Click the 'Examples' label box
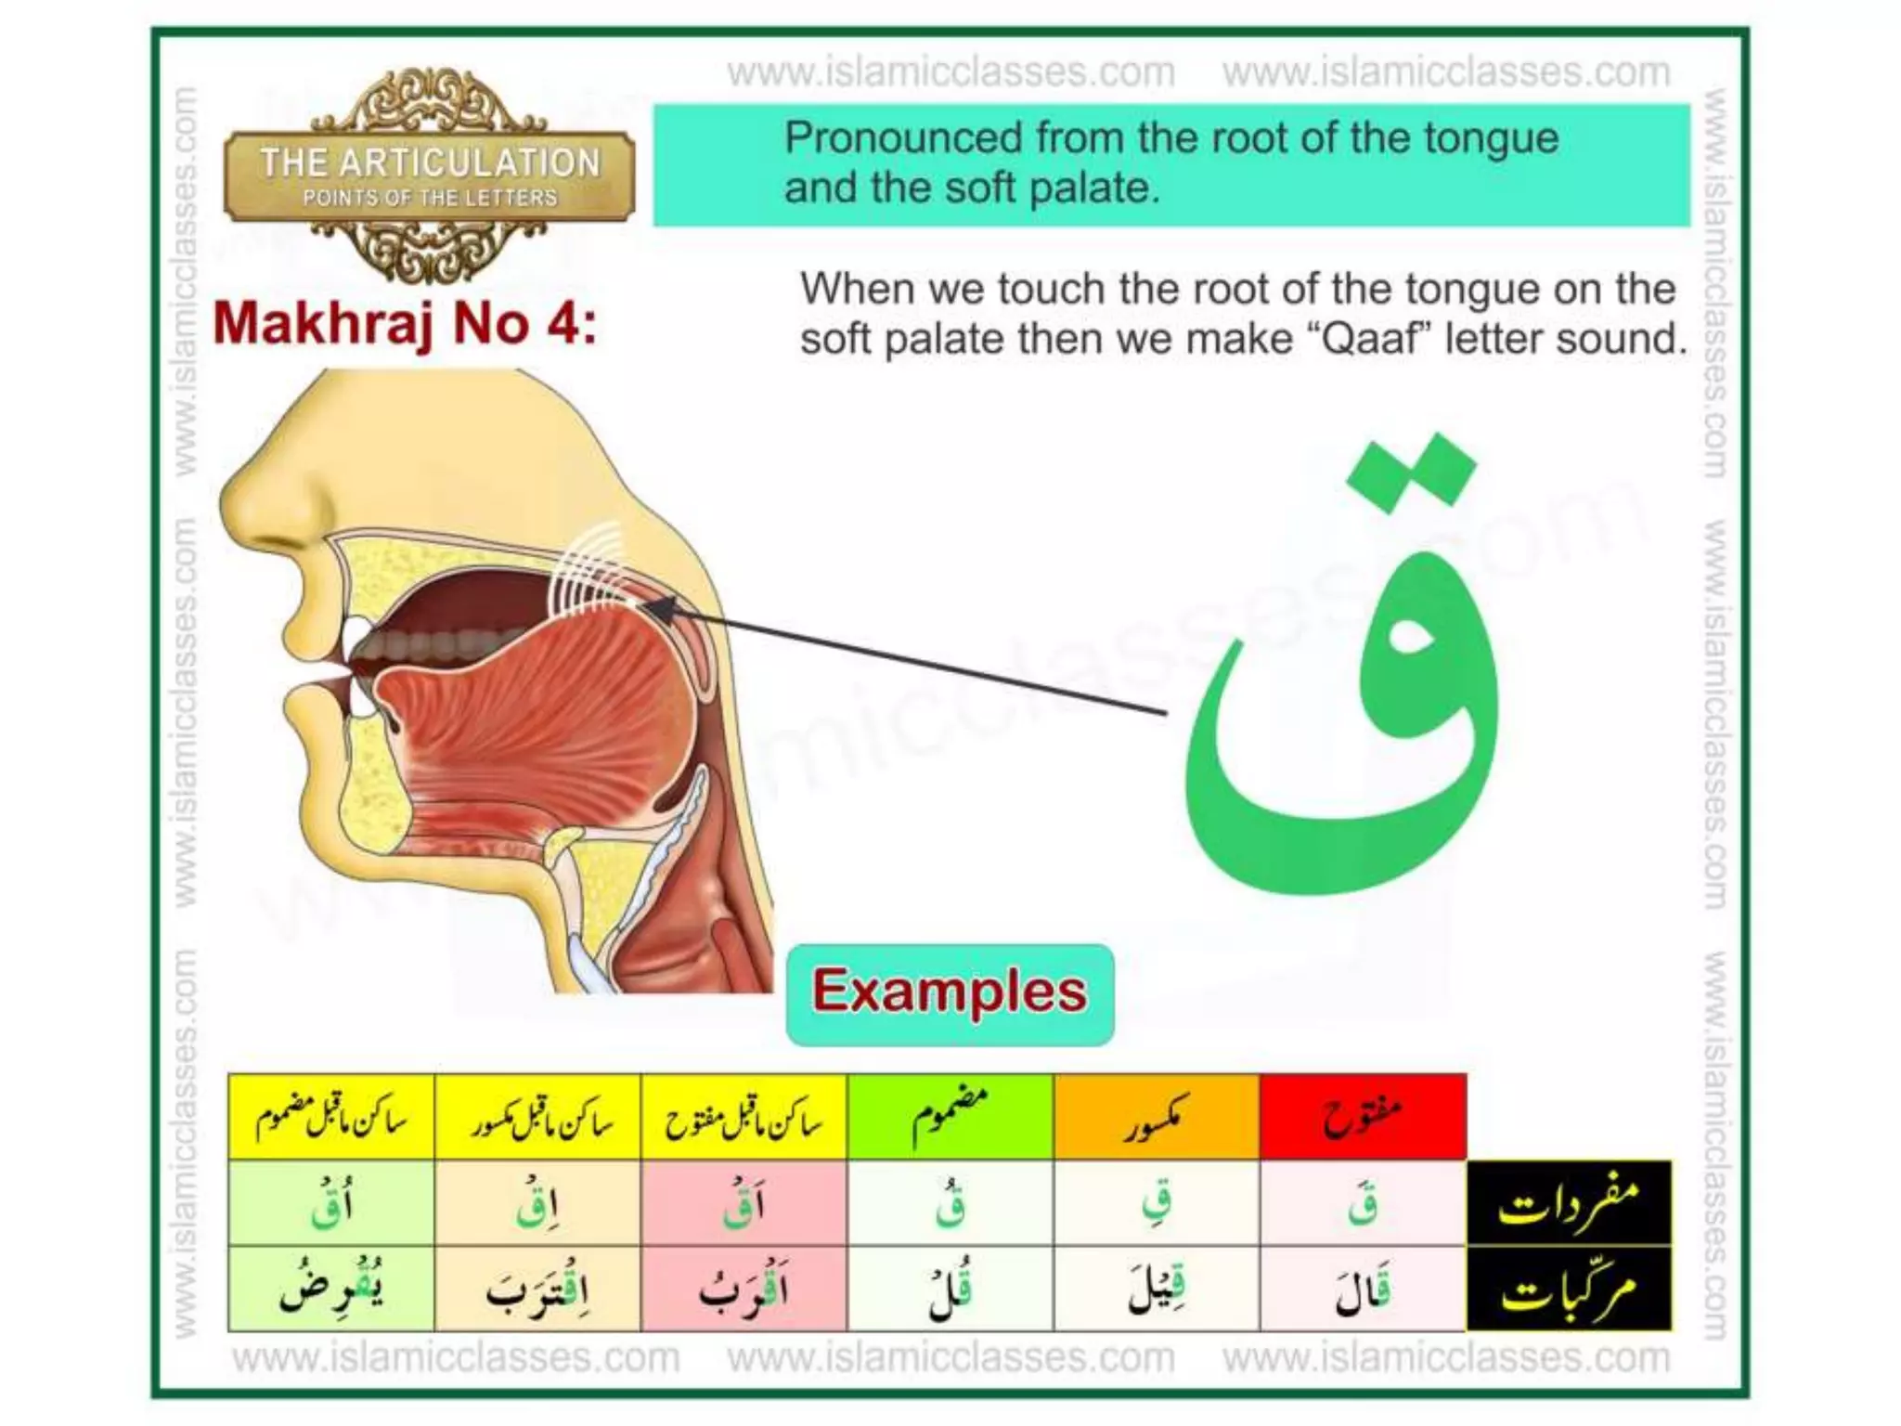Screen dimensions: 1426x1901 pos(949,993)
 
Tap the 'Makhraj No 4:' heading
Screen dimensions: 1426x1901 pos(405,324)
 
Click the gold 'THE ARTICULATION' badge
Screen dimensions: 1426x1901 pos(430,176)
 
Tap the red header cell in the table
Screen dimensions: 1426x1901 pos(1363,1118)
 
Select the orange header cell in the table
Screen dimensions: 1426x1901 pos(1157,1118)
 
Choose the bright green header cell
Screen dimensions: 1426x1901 pos(950,1118)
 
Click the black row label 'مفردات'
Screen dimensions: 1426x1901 pos(1569,1203)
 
